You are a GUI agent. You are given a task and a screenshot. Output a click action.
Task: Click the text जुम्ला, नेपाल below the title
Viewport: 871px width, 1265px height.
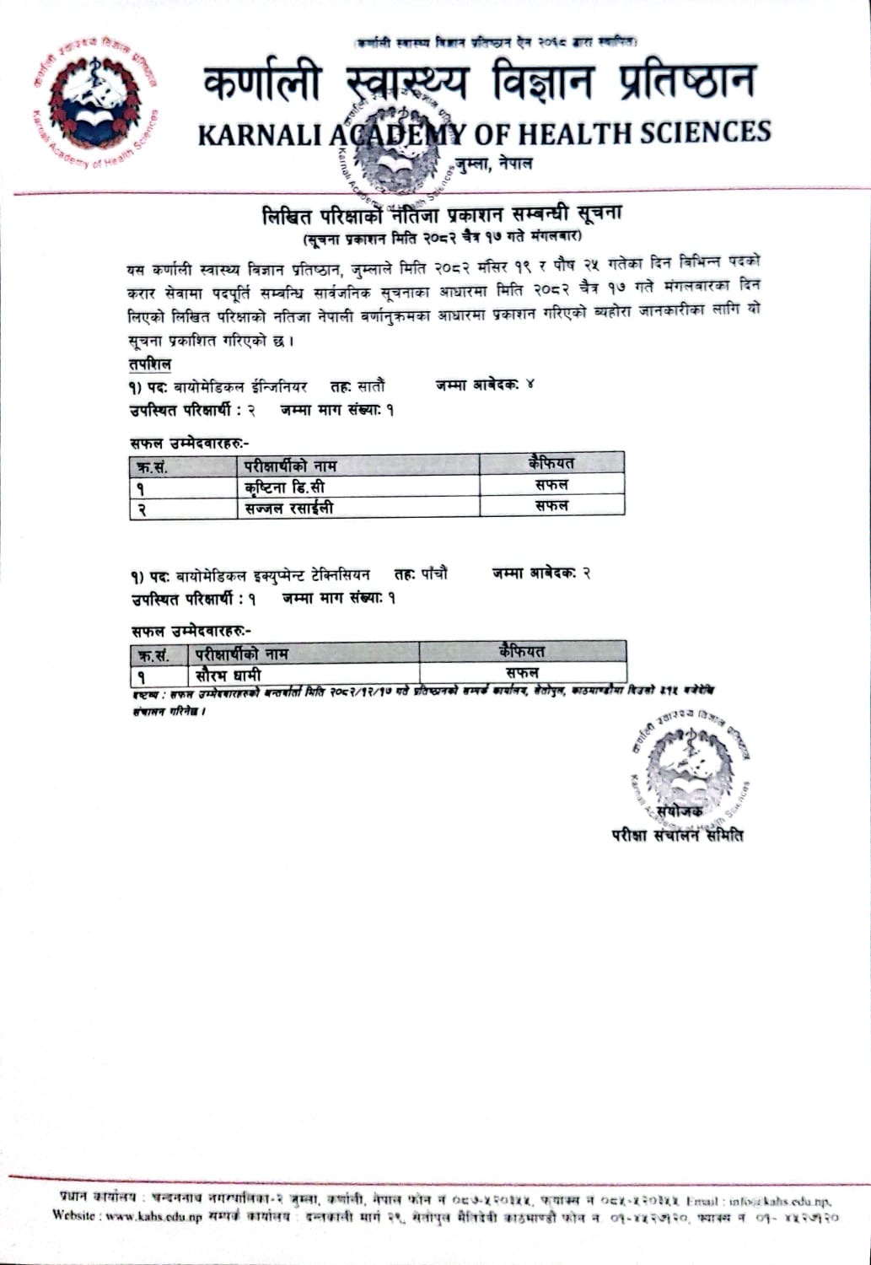pos(493,163)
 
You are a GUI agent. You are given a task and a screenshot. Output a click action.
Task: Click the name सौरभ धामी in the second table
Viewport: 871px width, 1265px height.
pos(229,675)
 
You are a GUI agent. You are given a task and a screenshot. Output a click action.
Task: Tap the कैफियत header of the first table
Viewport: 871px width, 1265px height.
pos(551,462)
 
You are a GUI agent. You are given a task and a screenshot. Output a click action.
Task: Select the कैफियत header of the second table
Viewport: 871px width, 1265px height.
pos(522,651)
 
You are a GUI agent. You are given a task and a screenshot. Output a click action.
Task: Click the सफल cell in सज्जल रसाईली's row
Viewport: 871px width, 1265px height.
pos(551,506)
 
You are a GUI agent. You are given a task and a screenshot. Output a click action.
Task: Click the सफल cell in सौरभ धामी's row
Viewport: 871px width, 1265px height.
pos(522,673)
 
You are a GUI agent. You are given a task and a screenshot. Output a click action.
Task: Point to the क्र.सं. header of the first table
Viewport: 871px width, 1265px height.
pos(152,466)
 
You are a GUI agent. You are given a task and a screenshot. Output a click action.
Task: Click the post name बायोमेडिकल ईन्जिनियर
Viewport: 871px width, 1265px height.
pos(240,387)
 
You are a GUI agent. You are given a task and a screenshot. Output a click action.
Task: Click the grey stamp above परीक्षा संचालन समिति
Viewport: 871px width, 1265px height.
pos(689,768)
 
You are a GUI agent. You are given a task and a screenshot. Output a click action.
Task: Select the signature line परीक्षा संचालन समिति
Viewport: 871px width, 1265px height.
pos(678,835)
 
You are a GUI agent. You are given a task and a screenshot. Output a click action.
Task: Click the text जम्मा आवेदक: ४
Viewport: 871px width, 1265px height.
pos(485,385)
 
